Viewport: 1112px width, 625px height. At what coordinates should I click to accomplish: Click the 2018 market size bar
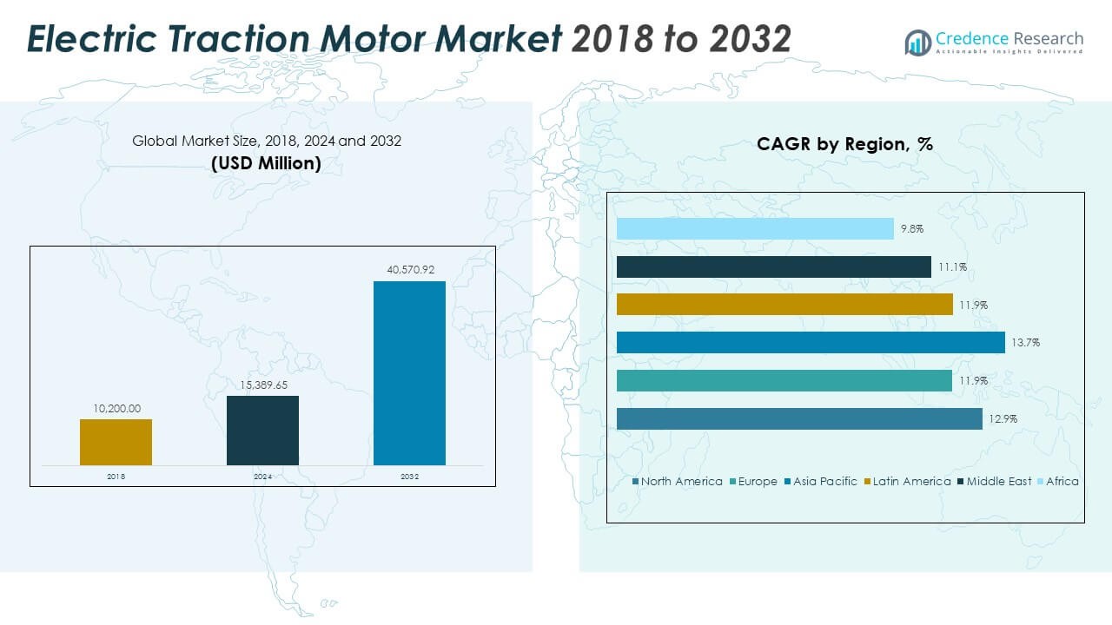pyautogui.click(x=116, y=442)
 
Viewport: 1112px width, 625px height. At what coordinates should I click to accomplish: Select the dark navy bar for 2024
pyautogui.click(x=262, y=430)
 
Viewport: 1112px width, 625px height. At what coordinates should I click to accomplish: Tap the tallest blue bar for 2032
pyautogui.click(x=409, y=372)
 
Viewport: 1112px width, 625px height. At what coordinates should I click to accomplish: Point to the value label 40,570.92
pyautogui.click(x=409, y=270)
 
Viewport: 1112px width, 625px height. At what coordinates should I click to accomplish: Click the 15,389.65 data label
pyautogui.click(x=262, y=385)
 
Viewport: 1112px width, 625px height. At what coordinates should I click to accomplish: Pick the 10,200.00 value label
pyautogui.click(x=116, y=408)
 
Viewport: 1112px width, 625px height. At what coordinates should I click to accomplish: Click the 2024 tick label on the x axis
pyautogui.click(x=262, y=477)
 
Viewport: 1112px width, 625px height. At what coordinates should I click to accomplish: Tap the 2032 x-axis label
pyautogui.click(x=409, y=477)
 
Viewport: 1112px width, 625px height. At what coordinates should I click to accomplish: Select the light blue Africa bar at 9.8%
pyautogui.click(x=755, y=228)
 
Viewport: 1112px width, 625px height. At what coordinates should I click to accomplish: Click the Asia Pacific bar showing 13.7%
pyautogui.click(x=811, y=343)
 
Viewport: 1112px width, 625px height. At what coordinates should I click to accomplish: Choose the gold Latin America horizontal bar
pyautogui.click(x=784, y=305)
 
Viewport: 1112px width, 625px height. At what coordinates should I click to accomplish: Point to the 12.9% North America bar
pyautogui.click(x=799, y=418)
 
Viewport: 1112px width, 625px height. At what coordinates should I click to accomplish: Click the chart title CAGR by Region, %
pyautogui.click(x=844, y=144)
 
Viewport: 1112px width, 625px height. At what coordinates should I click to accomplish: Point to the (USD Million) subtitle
pyautogui.click(x=266, y=162)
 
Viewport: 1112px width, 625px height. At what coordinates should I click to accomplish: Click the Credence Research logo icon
pyautogui.click(x=917, y=42)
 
